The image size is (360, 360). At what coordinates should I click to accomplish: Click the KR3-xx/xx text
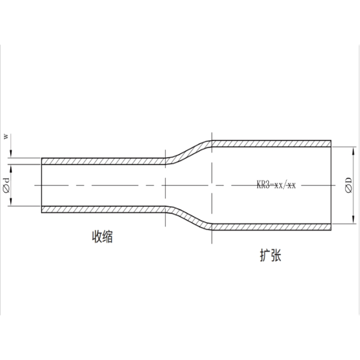pyautogui.click(x=277, y=185)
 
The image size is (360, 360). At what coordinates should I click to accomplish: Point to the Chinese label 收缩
pyautogui.click(x=100, y=237)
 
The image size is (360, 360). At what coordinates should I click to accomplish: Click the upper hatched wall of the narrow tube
pyautogui.click(x=102, y=161)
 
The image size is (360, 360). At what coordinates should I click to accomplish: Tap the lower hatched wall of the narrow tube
pyautogui.click(x=102, y=210)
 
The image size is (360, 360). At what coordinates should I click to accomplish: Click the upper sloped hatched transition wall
pyautogui.click(x=188, y=150)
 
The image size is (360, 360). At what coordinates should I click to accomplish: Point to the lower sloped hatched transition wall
pyautogui.click(x=188, y=220)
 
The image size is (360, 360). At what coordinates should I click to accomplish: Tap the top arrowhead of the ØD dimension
pyautogui.click(x=350, y=148)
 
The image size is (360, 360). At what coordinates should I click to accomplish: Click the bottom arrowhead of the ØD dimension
pyautogui.click(x=350, y=221)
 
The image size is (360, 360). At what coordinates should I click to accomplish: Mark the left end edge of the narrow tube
pyautogui.click(x=41, y=185)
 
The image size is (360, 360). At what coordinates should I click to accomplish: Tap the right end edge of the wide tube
pyautogui.click(x=331, y=185)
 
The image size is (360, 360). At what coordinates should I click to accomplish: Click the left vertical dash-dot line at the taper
pyautogui.click(x=166, y=185)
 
